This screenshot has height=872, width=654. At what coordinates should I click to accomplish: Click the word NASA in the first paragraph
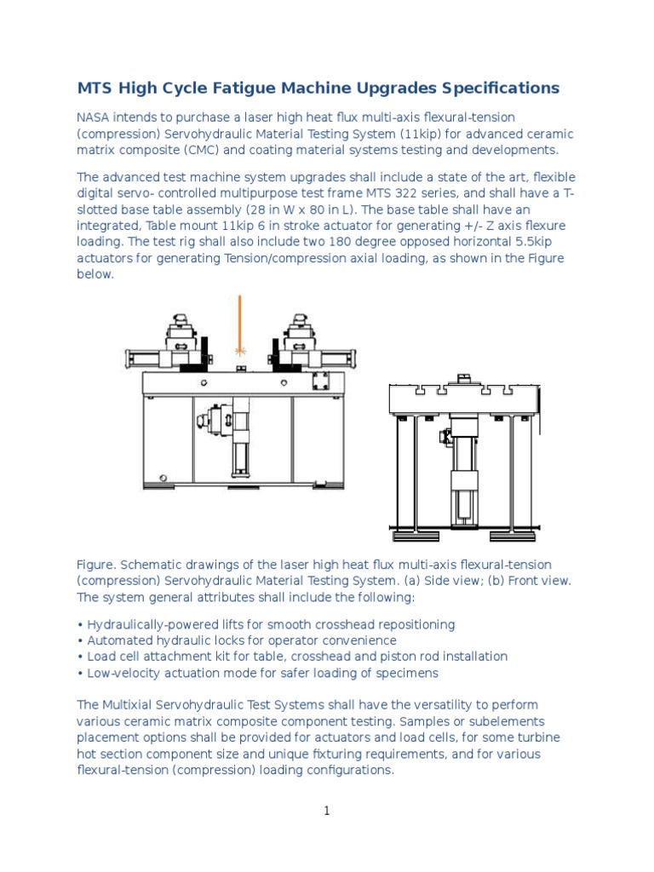point(95,117)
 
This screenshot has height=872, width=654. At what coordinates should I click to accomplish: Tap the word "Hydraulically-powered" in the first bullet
point(148,624)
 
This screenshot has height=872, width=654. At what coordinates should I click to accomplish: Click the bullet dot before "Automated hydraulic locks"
point(80,640)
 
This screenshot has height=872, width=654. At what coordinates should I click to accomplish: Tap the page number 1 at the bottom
point(327,812)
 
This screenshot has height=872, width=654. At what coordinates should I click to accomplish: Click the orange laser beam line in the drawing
point(240,319)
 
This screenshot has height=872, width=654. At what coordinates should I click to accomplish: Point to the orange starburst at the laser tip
point(240,351)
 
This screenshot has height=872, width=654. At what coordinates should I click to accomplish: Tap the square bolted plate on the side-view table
point(321,380)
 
